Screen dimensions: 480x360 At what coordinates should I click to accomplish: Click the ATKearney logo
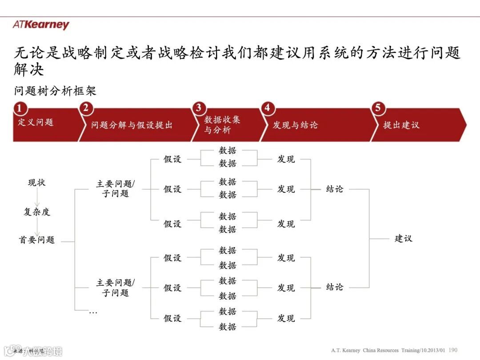coord(41,25)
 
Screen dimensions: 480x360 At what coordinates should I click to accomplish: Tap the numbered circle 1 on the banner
coord(19,108)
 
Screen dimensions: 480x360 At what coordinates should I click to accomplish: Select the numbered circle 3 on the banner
coord(199,108)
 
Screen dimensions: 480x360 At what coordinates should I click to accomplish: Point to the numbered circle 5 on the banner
coord(378,108)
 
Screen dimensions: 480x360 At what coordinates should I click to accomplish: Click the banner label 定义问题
coord(36,122)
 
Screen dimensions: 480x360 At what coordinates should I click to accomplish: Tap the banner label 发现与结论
coord(295,125)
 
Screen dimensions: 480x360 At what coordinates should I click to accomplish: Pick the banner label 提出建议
coord(401,125)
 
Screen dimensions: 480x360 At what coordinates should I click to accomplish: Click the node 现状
coord(36,183)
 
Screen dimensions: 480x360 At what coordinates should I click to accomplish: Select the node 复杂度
coord(36,212)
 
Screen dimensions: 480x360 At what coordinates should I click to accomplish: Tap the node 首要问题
coord(36,240)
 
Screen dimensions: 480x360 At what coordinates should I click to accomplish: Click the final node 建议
coord(404,238)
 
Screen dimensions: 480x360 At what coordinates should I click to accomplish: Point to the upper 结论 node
coord(335,189)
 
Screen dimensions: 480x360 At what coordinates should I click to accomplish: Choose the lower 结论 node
coord(335,287)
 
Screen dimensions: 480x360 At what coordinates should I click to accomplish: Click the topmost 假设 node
coord(172,159)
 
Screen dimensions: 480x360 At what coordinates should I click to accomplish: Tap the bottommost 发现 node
coord(286,318)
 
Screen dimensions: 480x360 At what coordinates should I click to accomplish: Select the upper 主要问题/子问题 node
coord(116,188)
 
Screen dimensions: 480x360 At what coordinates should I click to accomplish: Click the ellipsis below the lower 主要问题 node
coord(93,312)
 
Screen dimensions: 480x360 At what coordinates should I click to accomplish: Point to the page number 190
coord(453,350)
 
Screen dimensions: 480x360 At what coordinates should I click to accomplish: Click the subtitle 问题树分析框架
coord(55,91)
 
